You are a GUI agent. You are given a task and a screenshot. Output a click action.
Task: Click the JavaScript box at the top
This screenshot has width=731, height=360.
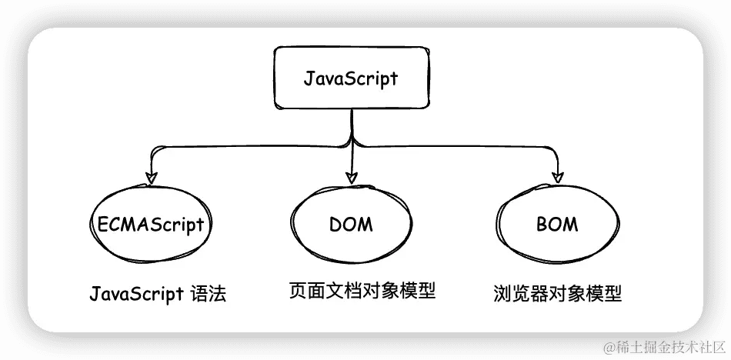coord(351,78)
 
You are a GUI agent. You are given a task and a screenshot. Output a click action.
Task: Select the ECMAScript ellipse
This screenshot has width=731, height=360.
coord(151,224)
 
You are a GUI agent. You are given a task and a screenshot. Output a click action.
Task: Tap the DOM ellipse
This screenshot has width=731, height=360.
coord(351,224)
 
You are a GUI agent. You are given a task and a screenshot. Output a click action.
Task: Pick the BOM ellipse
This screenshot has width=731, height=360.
coord(556,224)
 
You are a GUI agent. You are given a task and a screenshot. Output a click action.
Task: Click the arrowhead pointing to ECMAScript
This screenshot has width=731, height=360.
coord(151,177)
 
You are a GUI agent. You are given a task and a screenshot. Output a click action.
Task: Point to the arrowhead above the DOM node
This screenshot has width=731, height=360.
coord(352,177)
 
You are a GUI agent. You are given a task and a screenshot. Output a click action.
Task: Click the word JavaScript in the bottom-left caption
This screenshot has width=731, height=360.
coord(136,294)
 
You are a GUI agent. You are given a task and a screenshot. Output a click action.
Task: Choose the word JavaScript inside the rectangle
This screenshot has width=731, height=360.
coord(351,78)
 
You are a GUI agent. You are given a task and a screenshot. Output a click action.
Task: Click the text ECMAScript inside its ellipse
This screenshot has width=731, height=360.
coord(151,225)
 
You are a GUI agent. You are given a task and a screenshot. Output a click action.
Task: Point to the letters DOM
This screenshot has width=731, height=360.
coord(351,225)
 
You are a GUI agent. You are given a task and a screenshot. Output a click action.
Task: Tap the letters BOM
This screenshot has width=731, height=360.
coord(556,225)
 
